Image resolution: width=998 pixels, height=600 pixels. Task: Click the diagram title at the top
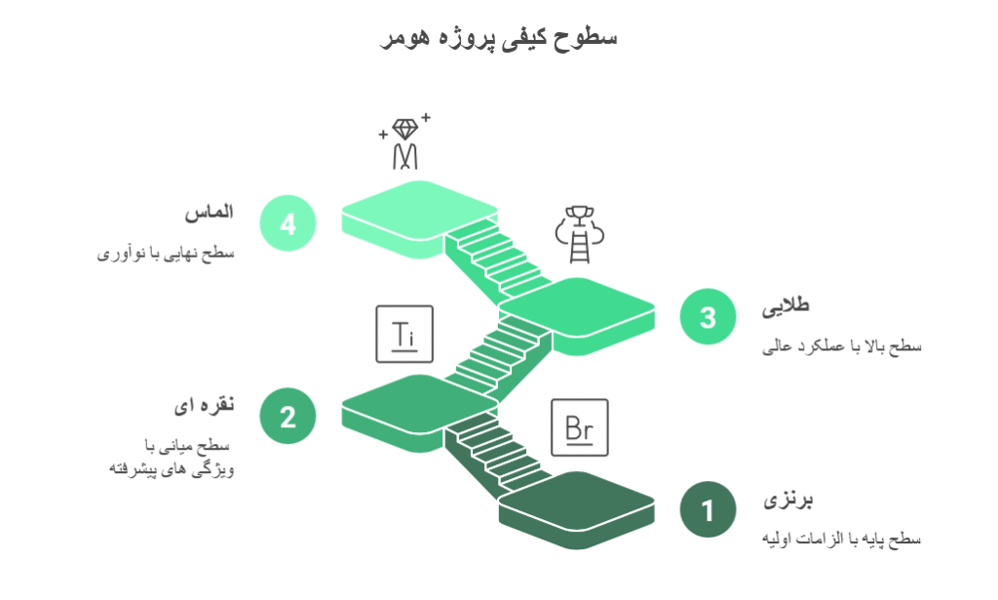pyautogui.click(x=499, y=38)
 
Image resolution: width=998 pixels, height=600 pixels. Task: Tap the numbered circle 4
pyautogui.click(x=288, y=223)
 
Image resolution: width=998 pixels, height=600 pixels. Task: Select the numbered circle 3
pyautogui.click(x=708, y=316)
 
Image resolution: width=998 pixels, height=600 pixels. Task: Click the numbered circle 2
pyautogui.click(x=288, y=416)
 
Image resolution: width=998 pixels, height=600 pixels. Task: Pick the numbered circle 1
pyautogui.click(x=708, y=509)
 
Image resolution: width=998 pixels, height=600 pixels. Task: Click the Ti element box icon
pyautogui.click(x=404, y=334)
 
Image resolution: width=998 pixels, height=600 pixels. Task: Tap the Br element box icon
pyautogui.click(x=580, y=427)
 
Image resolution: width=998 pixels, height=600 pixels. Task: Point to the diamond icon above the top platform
pyautogui.click(x=404, y=142)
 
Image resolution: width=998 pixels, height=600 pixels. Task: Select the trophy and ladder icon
pyautogui.click(x=579, y=234)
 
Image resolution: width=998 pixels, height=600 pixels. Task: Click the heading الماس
pyautogui.click(x=210, y=212)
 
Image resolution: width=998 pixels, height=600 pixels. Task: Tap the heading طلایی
pyautogui.click(x=787, y=305)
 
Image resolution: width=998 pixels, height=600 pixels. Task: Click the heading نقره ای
pyautogui.click(x=205, y=405)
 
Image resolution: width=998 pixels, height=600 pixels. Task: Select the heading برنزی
pyautogui.click(x=787, y=500)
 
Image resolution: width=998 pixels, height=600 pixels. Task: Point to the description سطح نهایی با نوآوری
pyautogui.click(x=166, y=254)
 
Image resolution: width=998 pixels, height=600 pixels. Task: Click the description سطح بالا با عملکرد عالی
pyautogui.click(x=841, y=346)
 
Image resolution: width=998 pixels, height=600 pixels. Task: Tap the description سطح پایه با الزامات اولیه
pyautogui.click(x=841, y=539)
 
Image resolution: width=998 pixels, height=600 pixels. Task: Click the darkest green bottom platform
pyautogui.click(x=577, y=509)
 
